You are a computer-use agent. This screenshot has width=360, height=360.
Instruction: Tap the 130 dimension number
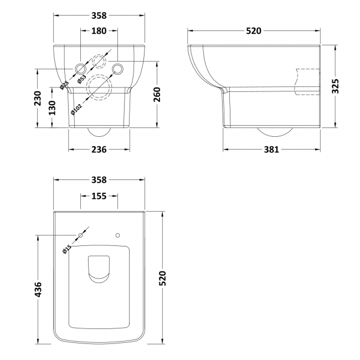pos(51,107)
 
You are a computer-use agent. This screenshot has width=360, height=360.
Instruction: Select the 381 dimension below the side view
pos(271,150)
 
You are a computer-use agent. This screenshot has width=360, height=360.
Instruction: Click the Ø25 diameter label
pos(64,85)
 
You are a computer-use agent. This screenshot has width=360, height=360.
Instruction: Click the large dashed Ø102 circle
pos(100,87)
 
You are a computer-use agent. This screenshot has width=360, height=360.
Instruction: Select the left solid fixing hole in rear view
pos(80,69)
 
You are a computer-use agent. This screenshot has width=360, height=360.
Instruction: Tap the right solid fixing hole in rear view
pos(117,68)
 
